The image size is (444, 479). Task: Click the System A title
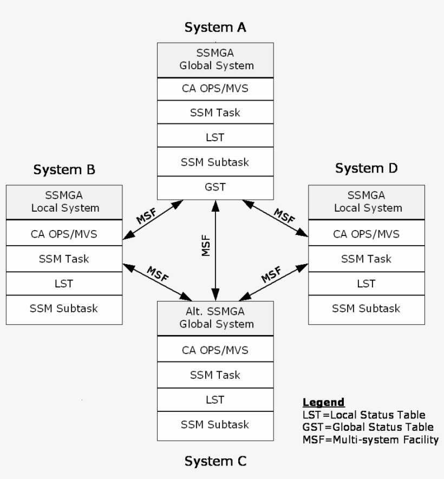coord(216,27)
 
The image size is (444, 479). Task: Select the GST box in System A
coord(216,187)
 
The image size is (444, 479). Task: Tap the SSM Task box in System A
coord(216,113)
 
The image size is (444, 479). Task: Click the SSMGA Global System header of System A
coord(216,60)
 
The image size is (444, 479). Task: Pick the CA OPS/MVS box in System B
coord(64,234)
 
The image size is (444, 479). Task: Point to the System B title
coord(64,170)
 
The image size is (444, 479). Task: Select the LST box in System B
coord(64,283)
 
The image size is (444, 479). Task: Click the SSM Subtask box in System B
coord(64,308)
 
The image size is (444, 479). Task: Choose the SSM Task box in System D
coord(366,259)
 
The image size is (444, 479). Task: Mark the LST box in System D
coord(366,283)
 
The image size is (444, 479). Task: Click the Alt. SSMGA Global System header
coord(216,319)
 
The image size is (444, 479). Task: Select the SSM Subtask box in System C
coord(216,424)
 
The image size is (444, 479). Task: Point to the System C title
coord(216,461)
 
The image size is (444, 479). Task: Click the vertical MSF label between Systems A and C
coord(206,245)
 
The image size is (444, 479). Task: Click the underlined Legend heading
coord(323,402)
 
